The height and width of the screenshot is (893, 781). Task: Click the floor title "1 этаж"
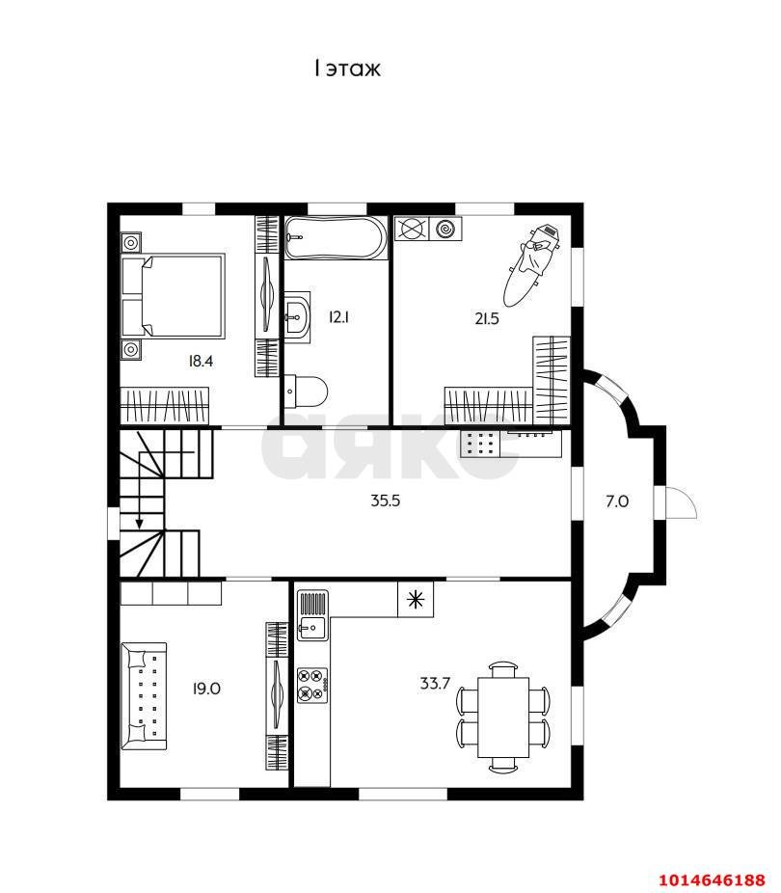point(347,68)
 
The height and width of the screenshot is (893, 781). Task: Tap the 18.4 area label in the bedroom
point(201,361)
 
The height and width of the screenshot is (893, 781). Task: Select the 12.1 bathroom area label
point(338,316)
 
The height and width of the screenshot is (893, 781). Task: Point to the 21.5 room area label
point(487,318)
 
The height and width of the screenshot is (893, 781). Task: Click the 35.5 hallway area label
point(386,501)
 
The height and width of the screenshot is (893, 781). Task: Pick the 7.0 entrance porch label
point(616,501)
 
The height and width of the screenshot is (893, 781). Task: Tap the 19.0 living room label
point(206,689)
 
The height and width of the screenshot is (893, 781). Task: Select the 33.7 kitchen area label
point(435,683)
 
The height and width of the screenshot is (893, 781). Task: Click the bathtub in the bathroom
point(336,237)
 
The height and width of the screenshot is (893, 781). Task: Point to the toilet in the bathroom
point(306,392)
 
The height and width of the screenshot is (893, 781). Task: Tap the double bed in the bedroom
point(173,296)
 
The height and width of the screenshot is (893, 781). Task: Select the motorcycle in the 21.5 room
point(531,264)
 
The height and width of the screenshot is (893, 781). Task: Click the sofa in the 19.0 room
point(144,696)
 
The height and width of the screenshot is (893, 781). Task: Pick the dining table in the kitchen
point(503,717)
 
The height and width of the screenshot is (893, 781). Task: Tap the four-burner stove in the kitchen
point(312,685)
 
